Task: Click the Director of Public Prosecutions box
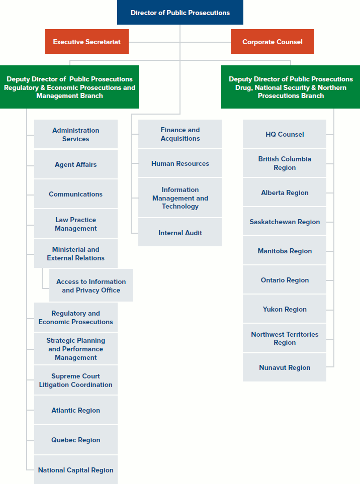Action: [180, 13]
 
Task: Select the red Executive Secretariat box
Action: [86, 42]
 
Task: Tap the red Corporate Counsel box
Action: [272, 42]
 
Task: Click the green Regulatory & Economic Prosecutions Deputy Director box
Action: [69, 87]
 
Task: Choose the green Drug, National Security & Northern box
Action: [291, 87]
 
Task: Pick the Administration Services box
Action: [75, 134]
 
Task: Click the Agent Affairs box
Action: [75, 164]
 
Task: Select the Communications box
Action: [75, 194]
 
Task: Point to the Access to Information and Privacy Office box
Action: [91, 285]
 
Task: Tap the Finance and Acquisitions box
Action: [180, 134]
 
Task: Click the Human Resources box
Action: [180, 163]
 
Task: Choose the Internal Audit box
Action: [180, 233]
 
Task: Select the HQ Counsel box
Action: [285, 134]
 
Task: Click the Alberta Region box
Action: [285, 192]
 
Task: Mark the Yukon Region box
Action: [285, 309]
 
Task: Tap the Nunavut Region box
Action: [285, 367]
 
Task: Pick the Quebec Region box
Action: [75, 440]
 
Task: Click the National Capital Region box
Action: [75, 470]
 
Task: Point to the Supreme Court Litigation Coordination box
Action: [75, 380]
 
